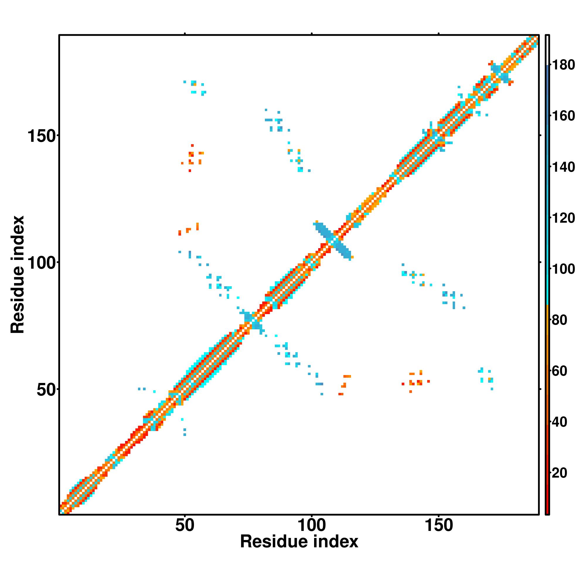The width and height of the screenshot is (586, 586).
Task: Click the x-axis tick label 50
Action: point(184,525)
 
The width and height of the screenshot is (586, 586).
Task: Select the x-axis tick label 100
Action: point(312,525)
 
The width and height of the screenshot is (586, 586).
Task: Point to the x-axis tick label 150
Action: point(439,525)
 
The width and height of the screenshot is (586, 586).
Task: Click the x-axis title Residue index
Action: point(299,542)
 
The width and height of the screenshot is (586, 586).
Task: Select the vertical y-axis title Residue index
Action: point(17,275)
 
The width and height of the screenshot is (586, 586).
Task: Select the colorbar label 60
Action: point(560,371)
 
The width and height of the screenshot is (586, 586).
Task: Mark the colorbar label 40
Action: point(560,422)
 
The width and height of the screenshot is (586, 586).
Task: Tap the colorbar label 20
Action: point(560,473)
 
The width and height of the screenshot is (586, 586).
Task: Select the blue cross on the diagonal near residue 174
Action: point(500,73)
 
